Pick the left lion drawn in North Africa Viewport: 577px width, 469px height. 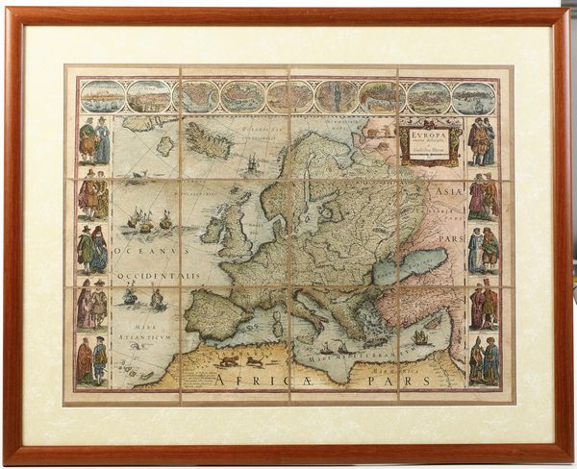(x=229, y=361)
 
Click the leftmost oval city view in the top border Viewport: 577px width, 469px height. (x=103, y=96)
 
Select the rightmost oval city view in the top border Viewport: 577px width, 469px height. (x=473, y=96)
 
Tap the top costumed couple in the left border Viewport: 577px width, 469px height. (x=94, y=140)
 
